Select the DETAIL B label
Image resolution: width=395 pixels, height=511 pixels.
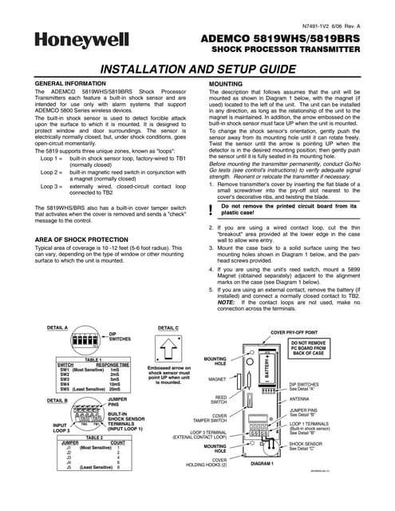tap(57, 399)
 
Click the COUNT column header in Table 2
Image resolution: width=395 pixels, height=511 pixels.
tap(117, 442)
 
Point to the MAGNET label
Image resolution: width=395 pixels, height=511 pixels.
tap(217, 379)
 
